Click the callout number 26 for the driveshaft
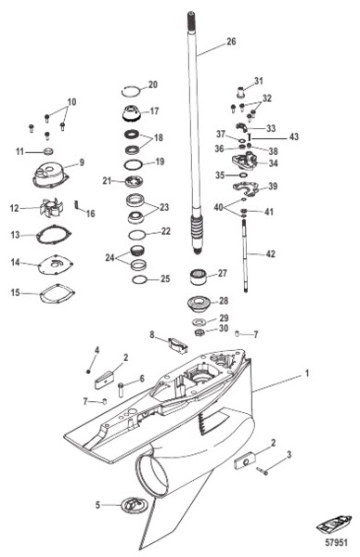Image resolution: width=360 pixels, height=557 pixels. tap(231, 42)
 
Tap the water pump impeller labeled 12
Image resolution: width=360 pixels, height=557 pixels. tap(51, 208)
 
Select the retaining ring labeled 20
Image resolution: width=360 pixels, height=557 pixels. tap(130, 91)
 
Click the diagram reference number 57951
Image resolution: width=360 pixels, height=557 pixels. tap(336, 542)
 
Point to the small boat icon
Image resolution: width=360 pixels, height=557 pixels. tap(333, 525)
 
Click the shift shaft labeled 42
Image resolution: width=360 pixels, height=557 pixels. tap(245, 256)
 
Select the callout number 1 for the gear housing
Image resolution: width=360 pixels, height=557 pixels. tap(307, 373)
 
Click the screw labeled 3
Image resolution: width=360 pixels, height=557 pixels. tap(263, 471)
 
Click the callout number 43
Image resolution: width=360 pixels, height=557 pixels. tap(294, 136)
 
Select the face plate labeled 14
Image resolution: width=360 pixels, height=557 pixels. tap(56, 265)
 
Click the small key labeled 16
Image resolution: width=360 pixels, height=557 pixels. tap(76, 205)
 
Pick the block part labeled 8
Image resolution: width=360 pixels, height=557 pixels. tap(177, 345)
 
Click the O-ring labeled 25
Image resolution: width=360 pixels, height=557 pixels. tap(139, 280)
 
